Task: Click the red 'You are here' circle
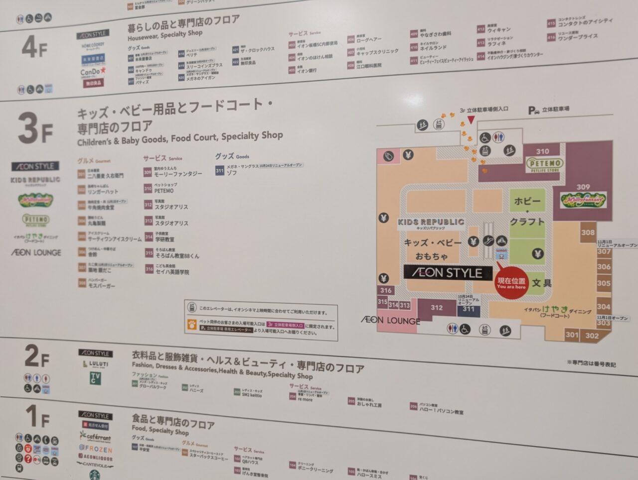[511, 283]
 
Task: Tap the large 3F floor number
[35, 128]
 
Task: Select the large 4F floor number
[35, 47]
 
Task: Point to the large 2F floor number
[37, 356]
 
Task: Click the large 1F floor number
[37, 416]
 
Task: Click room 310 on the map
[542, 151]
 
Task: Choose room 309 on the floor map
[583, 187]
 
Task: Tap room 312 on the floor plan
[437, 308]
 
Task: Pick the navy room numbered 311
[469, 309]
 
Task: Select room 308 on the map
[588, 233]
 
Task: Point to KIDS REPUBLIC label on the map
[431, 222]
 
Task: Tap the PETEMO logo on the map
[545, 163]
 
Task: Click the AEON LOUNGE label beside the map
[390, 320]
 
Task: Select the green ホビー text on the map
[527, 202]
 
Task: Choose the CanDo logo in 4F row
[93, 72]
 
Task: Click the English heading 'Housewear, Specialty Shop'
[165, 35]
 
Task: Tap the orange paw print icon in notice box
[191, 325]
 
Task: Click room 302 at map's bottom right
[592, 336]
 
